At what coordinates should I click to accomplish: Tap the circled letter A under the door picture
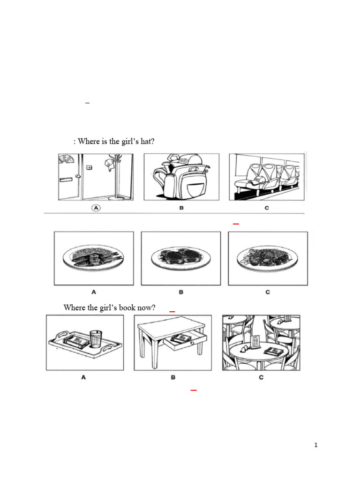(96, 209)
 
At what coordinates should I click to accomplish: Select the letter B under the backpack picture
(181, 208)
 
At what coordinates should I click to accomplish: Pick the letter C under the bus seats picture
(267, 208)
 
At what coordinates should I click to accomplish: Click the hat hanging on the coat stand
(109, 164)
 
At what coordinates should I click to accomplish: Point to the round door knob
(78, 177)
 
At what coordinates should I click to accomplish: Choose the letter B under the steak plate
(181, 292)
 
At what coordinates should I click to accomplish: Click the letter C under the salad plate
(268, 292)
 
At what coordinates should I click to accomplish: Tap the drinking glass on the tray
(95, 338)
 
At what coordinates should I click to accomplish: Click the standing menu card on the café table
(255, 342)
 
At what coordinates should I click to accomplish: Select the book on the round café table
(273, 351)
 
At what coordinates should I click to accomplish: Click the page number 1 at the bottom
(316, 445)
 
